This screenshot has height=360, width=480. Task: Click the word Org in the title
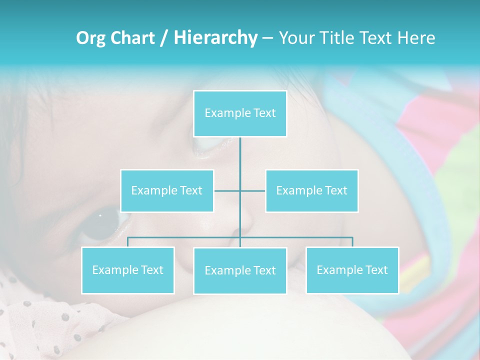click(x=90, y=38)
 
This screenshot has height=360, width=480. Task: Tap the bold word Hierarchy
click(x=215, y=38)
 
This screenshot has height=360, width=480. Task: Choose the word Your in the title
click(x=295, y=38)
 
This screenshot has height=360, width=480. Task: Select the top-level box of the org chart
click(x=240, y=113)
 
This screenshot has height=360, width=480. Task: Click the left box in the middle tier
click(x=167, y=190)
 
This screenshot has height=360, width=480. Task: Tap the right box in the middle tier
click(x=311, y=190)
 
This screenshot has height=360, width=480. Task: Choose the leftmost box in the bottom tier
click(x=127, y=270)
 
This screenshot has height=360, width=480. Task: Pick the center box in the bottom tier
click(x=240, y=270)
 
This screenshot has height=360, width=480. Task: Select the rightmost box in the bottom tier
click(x=352, y=270)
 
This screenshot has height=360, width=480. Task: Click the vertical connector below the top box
click(x=240, y=160)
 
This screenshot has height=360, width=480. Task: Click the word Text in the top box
click(x=264, y=113)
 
